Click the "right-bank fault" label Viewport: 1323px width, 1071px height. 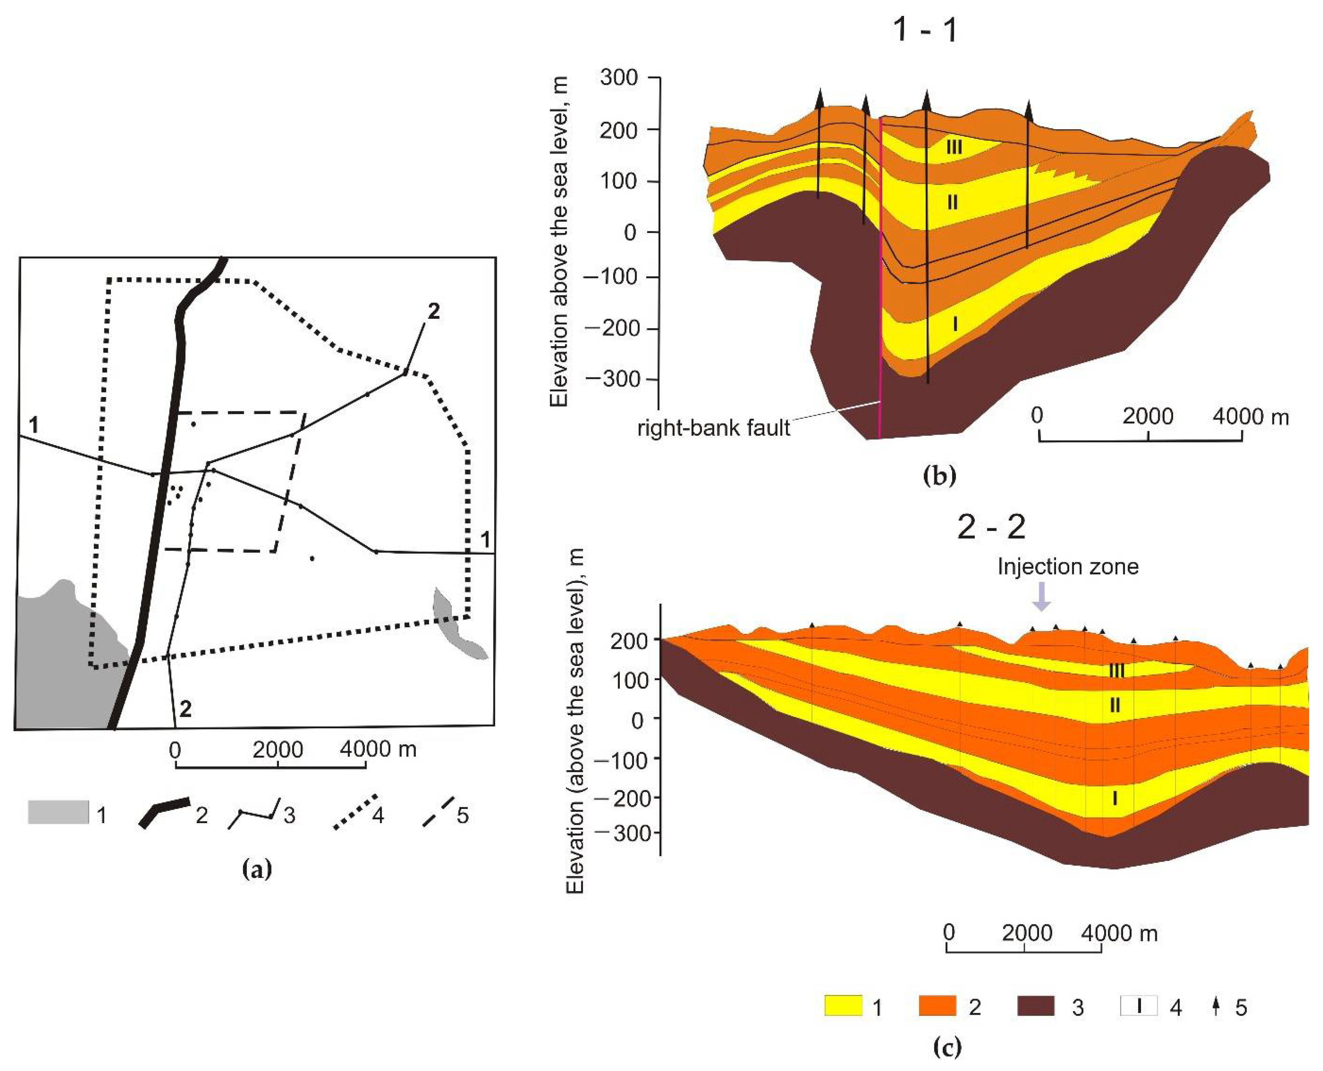coord(713,427)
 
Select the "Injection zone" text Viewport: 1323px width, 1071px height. coord(1067,566)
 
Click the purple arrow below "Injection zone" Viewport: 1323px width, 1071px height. coord(1042,596)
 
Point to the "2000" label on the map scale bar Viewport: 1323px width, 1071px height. coord(278,749)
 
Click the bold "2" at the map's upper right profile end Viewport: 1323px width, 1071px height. coord(434,312)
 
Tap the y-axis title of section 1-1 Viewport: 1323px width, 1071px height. coord(559,241)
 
